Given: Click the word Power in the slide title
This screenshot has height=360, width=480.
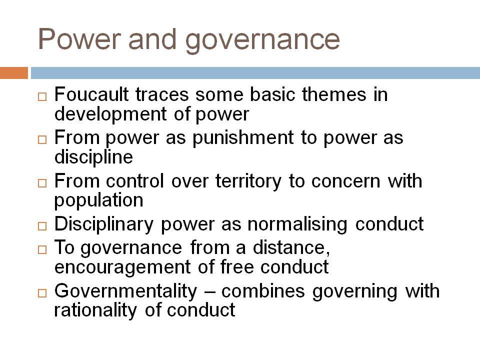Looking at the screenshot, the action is [x=79, y=38].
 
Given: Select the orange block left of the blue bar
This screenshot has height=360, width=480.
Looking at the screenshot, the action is [x=14, y=73].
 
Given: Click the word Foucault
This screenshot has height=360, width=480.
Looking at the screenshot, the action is [x=91, y=94].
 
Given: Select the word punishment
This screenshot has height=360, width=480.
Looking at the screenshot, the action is [x=243, y=138].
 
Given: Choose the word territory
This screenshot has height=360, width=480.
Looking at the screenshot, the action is [x=248, y=181].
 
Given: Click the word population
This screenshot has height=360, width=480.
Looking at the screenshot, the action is [x=99, y=201].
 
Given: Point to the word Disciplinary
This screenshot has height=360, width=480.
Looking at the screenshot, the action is [x=104, y=224].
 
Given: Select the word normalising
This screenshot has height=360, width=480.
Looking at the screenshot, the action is [x=297, y=224].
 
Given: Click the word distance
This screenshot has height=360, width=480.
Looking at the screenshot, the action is [x=291, y=247].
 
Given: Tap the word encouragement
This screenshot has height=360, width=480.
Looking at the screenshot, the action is [x=123, y=267].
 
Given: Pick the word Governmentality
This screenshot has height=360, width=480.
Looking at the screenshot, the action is [x=126, y=291].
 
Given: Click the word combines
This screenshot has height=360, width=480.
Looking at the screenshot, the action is [x=263, y=291].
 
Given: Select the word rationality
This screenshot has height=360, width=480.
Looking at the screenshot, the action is [x=95, y=310].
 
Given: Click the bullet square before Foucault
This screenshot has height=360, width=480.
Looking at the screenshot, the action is [x=42, y=96].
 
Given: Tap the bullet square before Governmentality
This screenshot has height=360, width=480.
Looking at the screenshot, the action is [x=42, y=293].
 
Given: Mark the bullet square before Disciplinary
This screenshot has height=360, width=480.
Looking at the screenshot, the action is [x=42, y=226].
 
